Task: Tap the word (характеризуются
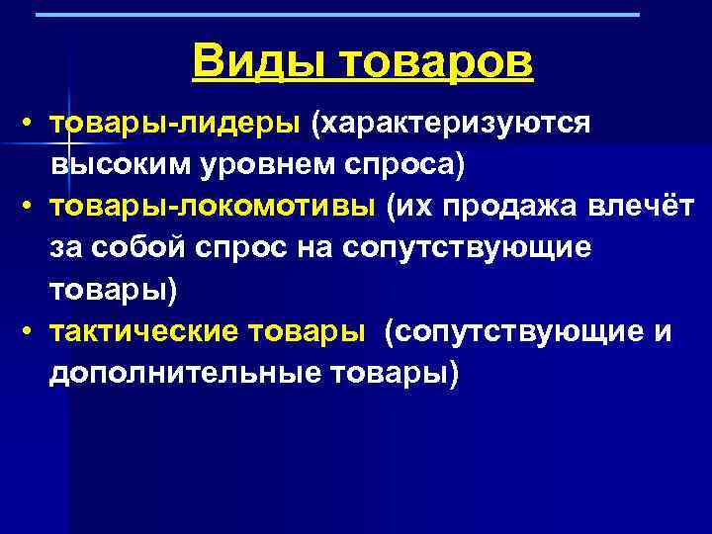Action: click(x=451, y=124)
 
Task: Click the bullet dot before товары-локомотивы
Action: click(x=32, y=209)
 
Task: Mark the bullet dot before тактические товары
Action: click(x=32, y=333)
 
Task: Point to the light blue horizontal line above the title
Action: click(x=336, y=15)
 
